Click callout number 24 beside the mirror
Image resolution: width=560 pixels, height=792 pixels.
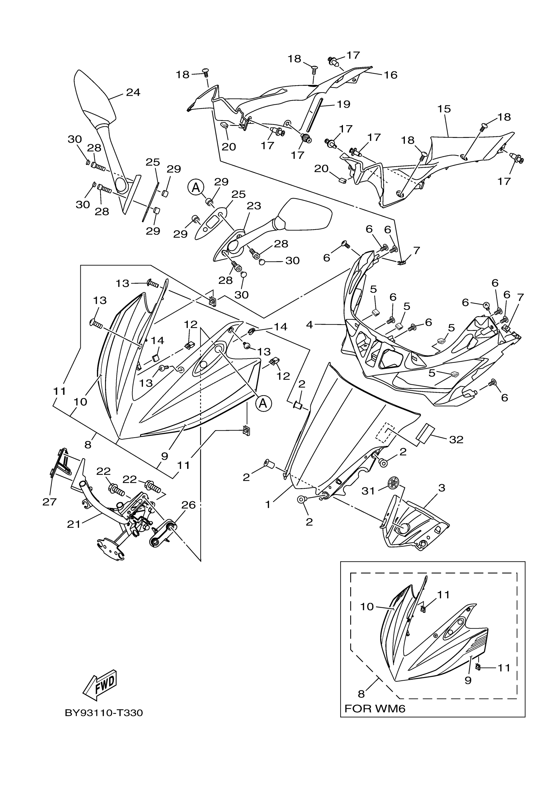pos(133,92)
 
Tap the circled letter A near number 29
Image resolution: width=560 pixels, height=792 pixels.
pos(196,188)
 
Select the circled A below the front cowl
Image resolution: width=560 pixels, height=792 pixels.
pos(263,403)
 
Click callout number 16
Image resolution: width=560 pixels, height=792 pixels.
pos(391,74)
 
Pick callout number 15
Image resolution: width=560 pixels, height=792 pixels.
pos(444,109)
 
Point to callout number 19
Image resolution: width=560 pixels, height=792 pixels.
pos(343,104)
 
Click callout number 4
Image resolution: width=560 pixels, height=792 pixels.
pos(310,324)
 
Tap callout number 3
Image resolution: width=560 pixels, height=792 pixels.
pos(442,488)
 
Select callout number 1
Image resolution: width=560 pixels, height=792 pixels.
pos(268,504)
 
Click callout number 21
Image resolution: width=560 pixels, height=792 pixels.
pos(73,524)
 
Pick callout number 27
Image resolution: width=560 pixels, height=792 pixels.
pos(49,502)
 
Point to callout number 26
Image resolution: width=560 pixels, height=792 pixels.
pos(188,505)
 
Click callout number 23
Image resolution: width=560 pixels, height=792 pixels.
pos(254,205)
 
